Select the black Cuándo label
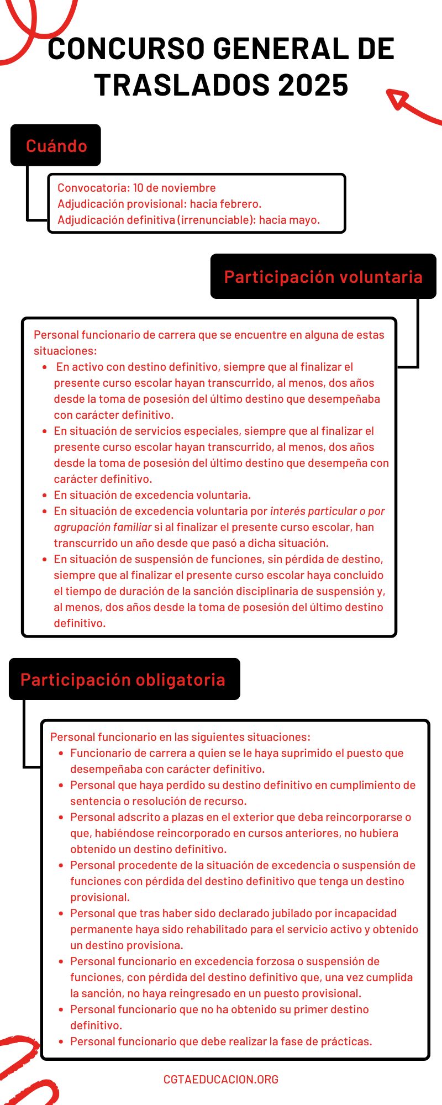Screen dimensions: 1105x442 [x=56, y=145]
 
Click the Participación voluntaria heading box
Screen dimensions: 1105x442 [x=323, y=276]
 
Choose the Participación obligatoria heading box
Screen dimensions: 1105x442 [x=123, y=679]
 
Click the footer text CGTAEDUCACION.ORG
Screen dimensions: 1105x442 [x=221, y=1079]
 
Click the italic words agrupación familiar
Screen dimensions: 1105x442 [x=102, y=527]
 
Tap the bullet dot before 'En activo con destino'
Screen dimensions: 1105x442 [x=45, y=367]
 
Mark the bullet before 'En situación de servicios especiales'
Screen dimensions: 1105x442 [x=45, y=431]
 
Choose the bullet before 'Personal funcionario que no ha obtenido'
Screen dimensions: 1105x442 [x=61, y=1009]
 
